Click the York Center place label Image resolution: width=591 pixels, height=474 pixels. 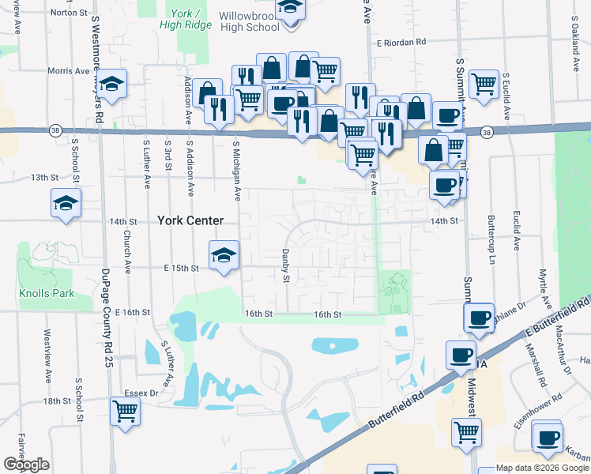[x=190, y=220]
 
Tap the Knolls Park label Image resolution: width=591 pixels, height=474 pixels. [x=46, y=294]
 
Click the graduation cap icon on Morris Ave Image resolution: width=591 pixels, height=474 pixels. [x=113, y=84]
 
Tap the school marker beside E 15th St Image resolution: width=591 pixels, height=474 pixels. [x=224, y=256]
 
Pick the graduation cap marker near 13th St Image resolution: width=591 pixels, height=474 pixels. [x=66, y=204]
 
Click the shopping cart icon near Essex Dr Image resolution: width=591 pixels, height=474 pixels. [x=126, y=411]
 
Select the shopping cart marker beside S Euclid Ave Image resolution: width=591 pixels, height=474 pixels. [x=484, y=84]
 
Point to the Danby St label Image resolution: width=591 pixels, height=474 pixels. [x=286, y=265]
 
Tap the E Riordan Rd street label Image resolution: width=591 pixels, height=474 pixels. [x=401, y=42]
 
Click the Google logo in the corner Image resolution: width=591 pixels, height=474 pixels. [x=27, y=465]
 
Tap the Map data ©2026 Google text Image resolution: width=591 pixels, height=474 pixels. [x=541, y=468]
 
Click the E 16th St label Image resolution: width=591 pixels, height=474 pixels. [x=132, y=313]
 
